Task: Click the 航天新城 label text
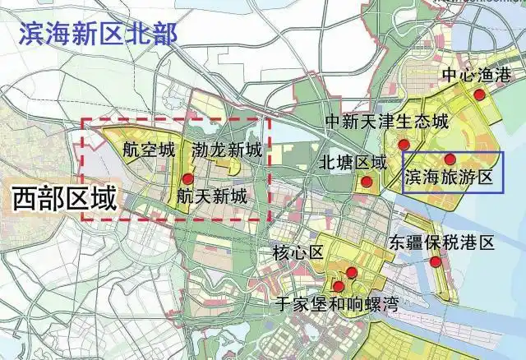click(x=211, y=196)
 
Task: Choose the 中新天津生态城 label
click(x=387, y=122)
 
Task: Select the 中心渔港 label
click(x=476, y=76)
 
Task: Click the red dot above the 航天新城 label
click(x=188, y=178)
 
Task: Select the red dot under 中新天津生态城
click(x=404, y=145)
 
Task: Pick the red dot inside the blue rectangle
click(x=450, y=159)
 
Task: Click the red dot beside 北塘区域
click(x=367, y=181)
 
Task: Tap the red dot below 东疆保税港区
click(x=436, y=261)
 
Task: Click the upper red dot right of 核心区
click(x=352, y=272)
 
